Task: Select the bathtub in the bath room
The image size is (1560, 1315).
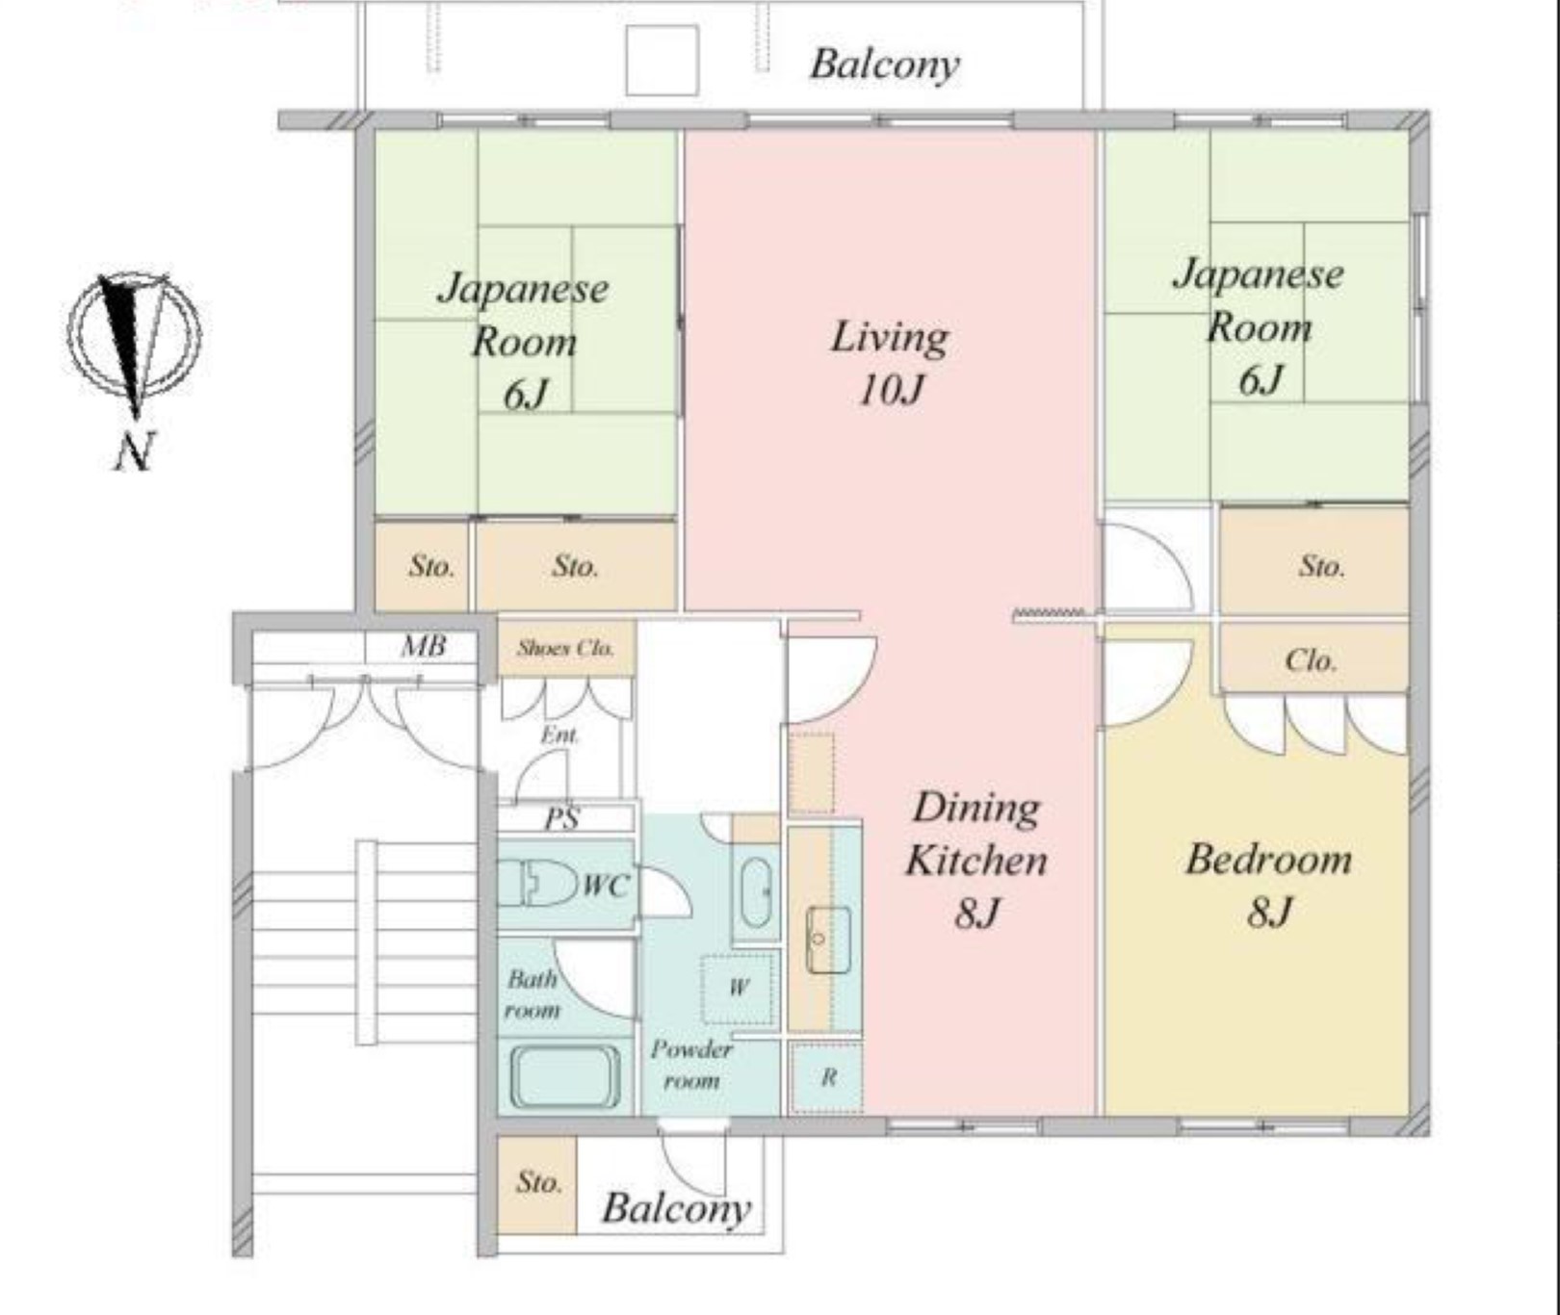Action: pos(565,1075)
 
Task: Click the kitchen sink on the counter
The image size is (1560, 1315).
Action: pos(827,939)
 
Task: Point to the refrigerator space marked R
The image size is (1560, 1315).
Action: pos(827,1077)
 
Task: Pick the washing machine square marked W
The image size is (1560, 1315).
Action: pos(738,988)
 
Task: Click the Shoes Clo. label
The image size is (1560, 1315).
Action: pos(565,648)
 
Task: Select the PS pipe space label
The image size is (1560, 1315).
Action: pos(561,819)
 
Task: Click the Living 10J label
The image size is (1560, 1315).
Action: pos(890,363)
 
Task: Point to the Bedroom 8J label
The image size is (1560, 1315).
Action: pos(1268,884)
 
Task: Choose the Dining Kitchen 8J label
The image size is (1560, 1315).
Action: pos(976,859)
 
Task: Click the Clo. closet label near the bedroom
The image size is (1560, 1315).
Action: pos(1311,660)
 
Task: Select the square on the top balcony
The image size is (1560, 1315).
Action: pos(662,61)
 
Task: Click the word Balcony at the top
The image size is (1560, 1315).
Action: pos(884,64)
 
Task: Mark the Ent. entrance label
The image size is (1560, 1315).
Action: pos(559,735)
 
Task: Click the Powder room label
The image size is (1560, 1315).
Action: pos(691,1065)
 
